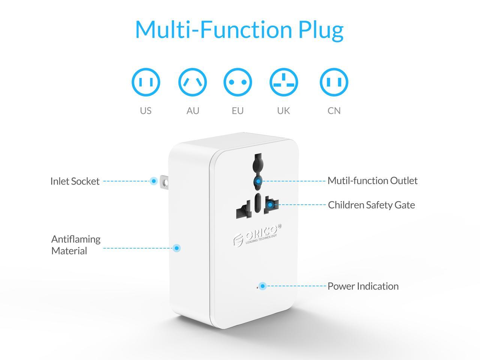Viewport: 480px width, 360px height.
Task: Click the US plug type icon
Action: click(146, 82)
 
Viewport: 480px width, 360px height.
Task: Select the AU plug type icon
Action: click(193, 82)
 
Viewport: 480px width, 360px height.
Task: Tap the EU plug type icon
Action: click(238, 82)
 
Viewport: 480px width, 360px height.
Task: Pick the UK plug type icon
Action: click(284, 82)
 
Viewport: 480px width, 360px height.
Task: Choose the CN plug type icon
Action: click(334, 82)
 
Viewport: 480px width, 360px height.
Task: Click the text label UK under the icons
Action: click(283, 111)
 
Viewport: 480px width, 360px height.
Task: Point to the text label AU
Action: click(193, 111)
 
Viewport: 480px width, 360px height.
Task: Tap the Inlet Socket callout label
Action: click(75, 181)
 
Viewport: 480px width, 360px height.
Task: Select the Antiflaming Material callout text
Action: click(76, 245)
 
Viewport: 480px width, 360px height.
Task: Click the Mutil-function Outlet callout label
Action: click(372, 181)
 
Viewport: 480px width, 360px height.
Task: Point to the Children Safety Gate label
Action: click(371, 205)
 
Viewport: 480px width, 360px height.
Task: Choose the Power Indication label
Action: click(363, 286)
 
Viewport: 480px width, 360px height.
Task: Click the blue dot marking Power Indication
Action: click(263, 286)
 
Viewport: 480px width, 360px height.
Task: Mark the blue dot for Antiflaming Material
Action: click(177, 248)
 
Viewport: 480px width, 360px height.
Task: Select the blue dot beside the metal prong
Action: click(153, 181)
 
